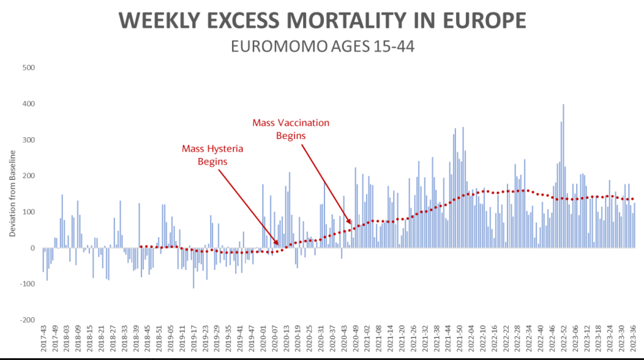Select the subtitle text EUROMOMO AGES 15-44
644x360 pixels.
pyautogui.click(x=322, y=47)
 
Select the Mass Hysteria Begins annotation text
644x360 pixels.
pyautogui.click(x=213, y=155)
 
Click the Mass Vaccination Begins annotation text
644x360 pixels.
pyautogui.click(x=291, y=128)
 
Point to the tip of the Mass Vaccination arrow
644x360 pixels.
pyautogui.click(x=353, y=224)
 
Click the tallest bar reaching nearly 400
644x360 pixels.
pyautogui.click(x=563, y=176)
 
